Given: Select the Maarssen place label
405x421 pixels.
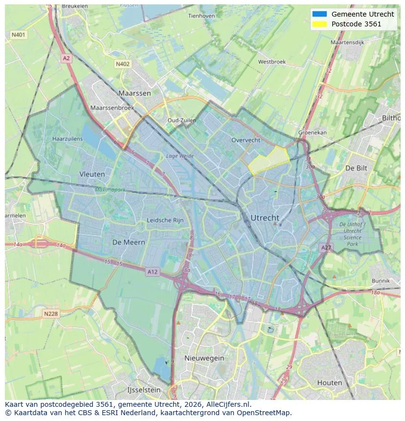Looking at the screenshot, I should [x=135, y=93].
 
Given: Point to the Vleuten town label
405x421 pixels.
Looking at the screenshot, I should [x=92, y=174].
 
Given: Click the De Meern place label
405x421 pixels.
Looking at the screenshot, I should [x=129, y=242].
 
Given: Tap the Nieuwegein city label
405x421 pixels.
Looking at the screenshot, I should [x=204, y=358].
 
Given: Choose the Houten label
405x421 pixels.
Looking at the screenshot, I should [x=330, y=382].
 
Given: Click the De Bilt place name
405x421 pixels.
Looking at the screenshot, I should [x=356, y=168].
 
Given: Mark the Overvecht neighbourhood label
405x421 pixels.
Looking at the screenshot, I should [x=246, y=140].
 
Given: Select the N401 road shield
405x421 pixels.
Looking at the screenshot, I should [x=19, y=35].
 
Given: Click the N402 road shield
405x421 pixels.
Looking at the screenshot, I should [x=123, y=64].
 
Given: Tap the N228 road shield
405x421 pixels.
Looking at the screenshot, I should [x=51, y=314].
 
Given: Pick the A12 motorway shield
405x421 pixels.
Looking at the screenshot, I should [x=153, y=272].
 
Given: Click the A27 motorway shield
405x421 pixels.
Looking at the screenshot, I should [x=326, y=248].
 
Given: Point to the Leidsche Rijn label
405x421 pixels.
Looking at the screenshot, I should [x=165, y=221].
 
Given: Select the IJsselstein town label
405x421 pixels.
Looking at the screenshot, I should [x=144, y=390].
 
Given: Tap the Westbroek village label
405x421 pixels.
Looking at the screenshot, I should [x=271, y=62].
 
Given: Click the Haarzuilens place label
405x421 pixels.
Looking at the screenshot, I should [x=67, y=139].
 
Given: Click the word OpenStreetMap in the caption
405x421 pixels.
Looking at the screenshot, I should [x=264, y=413].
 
